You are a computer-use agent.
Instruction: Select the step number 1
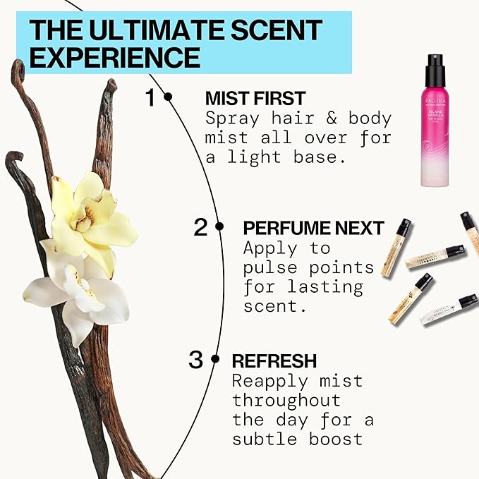(150, 97)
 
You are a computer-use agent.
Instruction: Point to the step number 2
(201, 227)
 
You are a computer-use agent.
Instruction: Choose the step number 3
(196, 360)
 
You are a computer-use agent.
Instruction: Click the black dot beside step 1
(168, 97)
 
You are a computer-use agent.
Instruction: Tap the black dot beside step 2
(219, 227)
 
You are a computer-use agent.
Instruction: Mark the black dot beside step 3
(215, 360)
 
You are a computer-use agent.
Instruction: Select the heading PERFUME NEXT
(313, 228)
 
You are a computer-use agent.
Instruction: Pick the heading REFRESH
(274, 360)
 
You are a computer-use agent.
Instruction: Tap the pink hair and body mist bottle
(435, 134)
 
